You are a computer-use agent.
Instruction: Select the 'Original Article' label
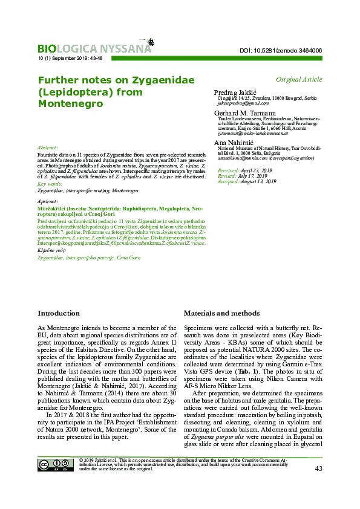(x=299, y=79)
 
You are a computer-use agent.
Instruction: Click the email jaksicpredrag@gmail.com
(x=243, y=103)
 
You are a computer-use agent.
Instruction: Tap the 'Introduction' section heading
(x=58, y=313)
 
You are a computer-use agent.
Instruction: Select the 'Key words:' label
(x=50, y=183)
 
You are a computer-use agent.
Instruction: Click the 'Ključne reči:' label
(x=51, y=250)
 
